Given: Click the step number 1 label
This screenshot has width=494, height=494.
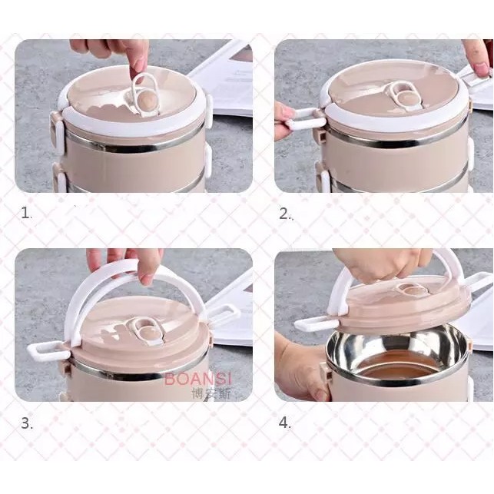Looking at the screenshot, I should [x=26, y=214].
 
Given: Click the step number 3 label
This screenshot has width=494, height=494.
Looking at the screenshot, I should [x=26, y=423].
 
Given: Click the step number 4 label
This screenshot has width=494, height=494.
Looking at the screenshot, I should [x=285, y=423].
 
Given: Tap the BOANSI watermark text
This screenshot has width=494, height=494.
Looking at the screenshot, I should [x=195, y=379].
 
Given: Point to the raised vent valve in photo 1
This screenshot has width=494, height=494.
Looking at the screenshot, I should [x=142, y=92].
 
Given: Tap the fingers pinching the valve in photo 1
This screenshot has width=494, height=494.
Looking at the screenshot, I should [x=115, y=50].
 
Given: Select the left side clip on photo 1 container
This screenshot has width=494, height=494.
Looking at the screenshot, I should [x=58, y=127].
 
